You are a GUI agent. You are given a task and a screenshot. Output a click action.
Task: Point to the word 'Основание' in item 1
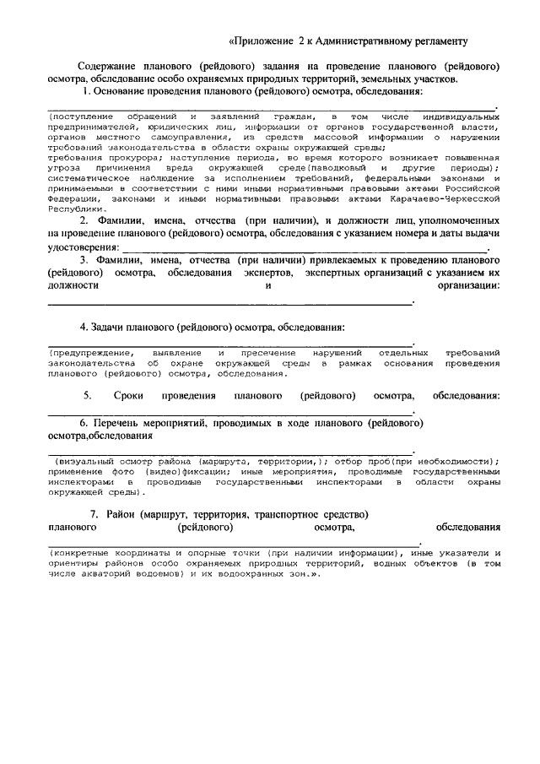point(127,90)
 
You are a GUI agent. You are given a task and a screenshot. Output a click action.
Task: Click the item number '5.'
point(88,396)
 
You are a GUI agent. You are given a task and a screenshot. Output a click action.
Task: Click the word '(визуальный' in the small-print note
point(89,463)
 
